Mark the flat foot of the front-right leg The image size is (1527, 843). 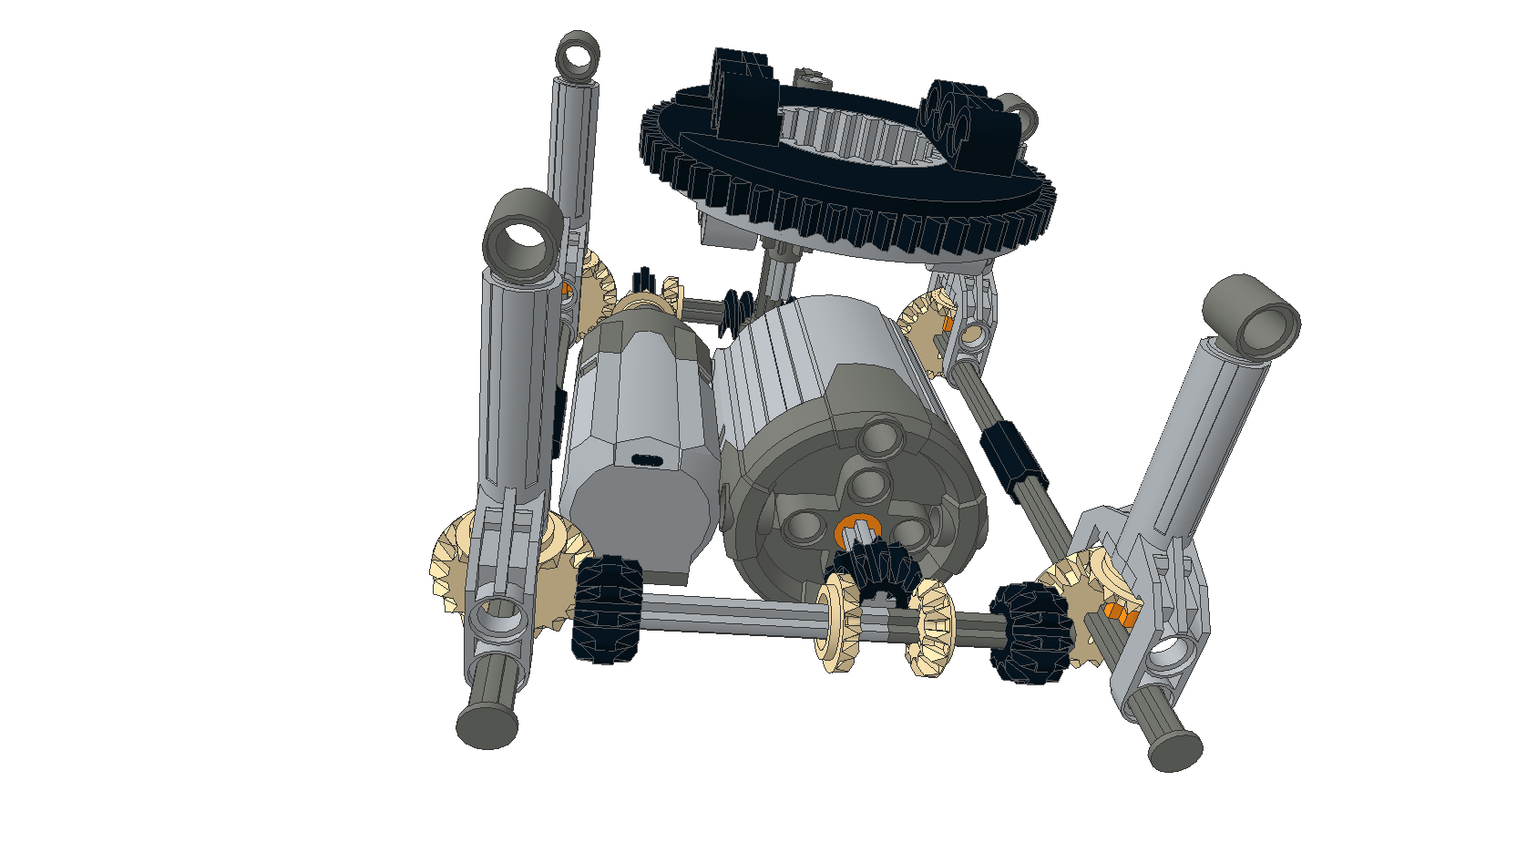click(1174, 750)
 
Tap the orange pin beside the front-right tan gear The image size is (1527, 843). click(1117, 612)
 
